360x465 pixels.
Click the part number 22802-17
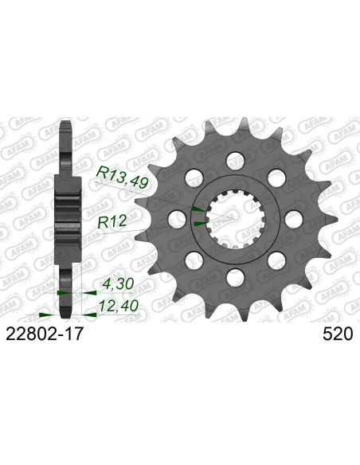pos(45,337)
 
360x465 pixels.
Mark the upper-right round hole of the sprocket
pos(277,174)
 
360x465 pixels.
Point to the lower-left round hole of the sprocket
pos(191,260)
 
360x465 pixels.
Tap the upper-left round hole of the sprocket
pos(191,174)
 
